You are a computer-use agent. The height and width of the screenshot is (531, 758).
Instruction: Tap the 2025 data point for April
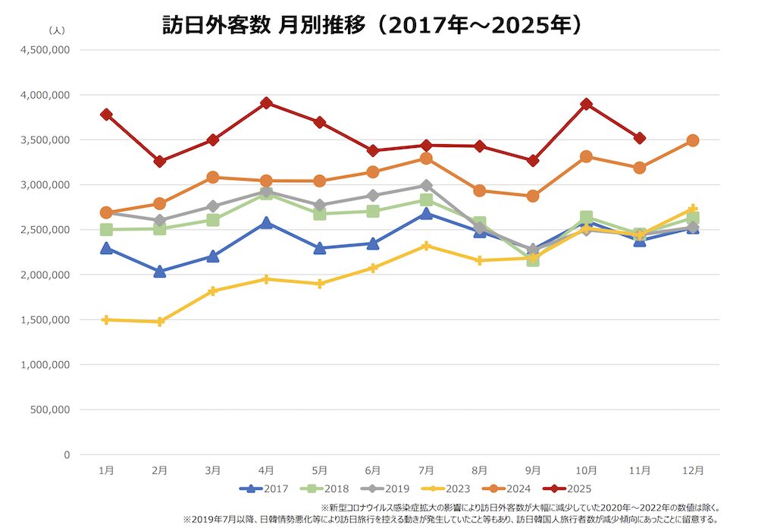pos(266,103)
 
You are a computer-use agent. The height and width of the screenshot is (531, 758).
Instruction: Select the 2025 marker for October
pos(586,104)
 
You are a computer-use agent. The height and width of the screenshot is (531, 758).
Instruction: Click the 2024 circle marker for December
pos(692,140)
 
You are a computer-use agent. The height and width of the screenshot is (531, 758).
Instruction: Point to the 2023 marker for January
pos(107,320)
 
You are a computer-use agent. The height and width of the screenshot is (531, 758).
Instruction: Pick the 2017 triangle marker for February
pos(160,272)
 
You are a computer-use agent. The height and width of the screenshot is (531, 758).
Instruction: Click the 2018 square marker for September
pos(533,259)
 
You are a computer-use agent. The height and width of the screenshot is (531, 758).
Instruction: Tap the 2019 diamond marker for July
pos(427,185)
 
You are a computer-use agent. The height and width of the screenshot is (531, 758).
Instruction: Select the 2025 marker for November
pos(640,138)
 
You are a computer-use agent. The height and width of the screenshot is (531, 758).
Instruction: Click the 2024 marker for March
pos(213,178)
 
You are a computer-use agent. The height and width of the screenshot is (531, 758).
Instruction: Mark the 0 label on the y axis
pos(67,454)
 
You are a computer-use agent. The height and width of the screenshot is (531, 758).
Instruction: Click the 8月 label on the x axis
pos(479,470)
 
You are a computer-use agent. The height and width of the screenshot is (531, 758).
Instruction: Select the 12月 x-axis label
pos(692,470)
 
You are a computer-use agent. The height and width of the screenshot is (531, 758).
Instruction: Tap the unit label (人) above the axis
pos(57,30)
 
